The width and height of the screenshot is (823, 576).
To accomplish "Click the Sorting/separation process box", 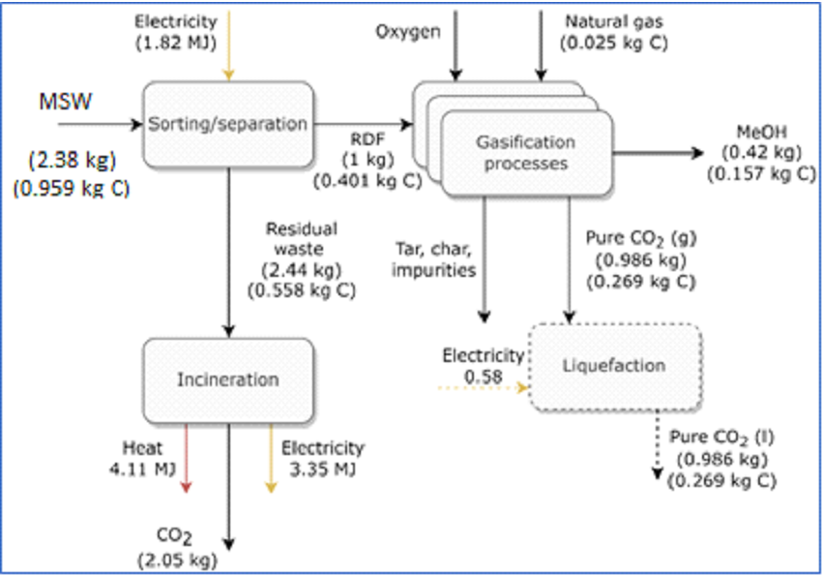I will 228,124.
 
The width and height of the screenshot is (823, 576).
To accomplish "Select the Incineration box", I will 228,379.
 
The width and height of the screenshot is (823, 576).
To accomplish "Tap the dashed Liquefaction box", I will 614,366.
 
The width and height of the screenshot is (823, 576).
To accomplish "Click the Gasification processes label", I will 525,153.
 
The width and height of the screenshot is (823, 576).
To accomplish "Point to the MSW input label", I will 65,102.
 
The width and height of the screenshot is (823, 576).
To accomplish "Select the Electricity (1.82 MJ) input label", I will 175,31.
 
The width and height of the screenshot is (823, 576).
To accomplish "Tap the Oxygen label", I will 408,32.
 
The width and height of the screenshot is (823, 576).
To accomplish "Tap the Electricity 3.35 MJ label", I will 322,459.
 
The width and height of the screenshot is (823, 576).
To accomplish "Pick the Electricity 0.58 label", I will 483,365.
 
